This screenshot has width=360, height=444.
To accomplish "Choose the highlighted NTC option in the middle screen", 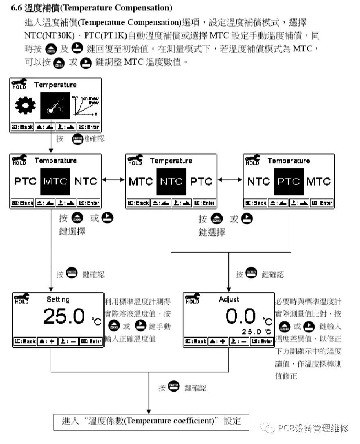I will click(171, 181).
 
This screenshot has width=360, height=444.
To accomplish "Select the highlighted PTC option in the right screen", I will click(289, 181).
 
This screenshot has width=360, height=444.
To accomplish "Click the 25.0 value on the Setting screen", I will click(64, 316).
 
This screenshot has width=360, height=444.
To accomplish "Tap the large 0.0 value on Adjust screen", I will click(241, 316).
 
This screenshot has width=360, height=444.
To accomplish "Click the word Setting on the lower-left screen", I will click(58, 299).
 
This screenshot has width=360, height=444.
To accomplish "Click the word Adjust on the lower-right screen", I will click(229, 299).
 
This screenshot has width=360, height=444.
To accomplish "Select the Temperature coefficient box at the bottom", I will click(151, 421).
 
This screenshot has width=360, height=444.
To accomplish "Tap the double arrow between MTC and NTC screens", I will click(113, 179).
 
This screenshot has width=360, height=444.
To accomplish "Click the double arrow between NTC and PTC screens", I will click(230, 179).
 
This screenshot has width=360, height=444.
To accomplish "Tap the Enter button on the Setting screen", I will click(90, 341).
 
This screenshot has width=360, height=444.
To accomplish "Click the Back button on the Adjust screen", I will click(195, 341).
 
